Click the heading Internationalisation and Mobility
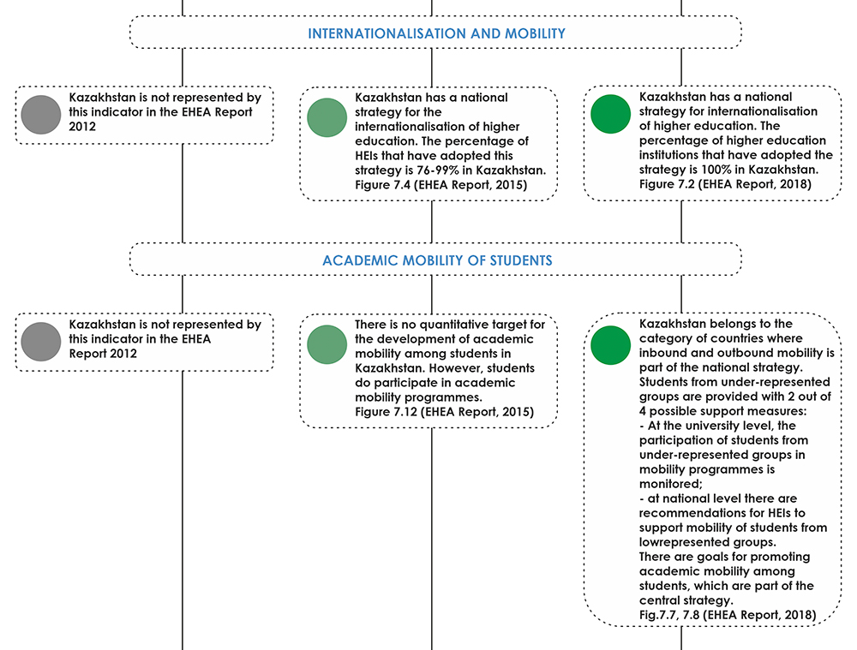pyautogui.click(x=437, y=33)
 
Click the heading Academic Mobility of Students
pyautogui.click(x=437, y=260)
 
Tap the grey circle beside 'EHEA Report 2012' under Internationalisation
pyautogui.click(x=41, y=115)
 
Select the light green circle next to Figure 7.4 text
pyautogui.click(x=327, y=117)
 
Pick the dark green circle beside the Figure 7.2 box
pyautogui.click(x=610, y=114)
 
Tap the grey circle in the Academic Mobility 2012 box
pyautogui.click(x=41, y=342)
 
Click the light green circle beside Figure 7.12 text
pyautogui.click(x=327, y=344)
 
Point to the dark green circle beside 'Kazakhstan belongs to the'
pyautogui.click(x=610, y=345)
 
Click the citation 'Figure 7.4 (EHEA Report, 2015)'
pyautogui.click(x=441, y=185)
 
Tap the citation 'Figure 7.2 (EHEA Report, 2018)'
pyautogui.click(x=725, y=183)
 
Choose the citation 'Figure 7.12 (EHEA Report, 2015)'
pyautogui.click(x=444, y=411)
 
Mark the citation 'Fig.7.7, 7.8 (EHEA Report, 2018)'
pyautogui.click(x=728, y=615)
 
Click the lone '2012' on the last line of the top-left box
pyautogui.click(x=82, y=127)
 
